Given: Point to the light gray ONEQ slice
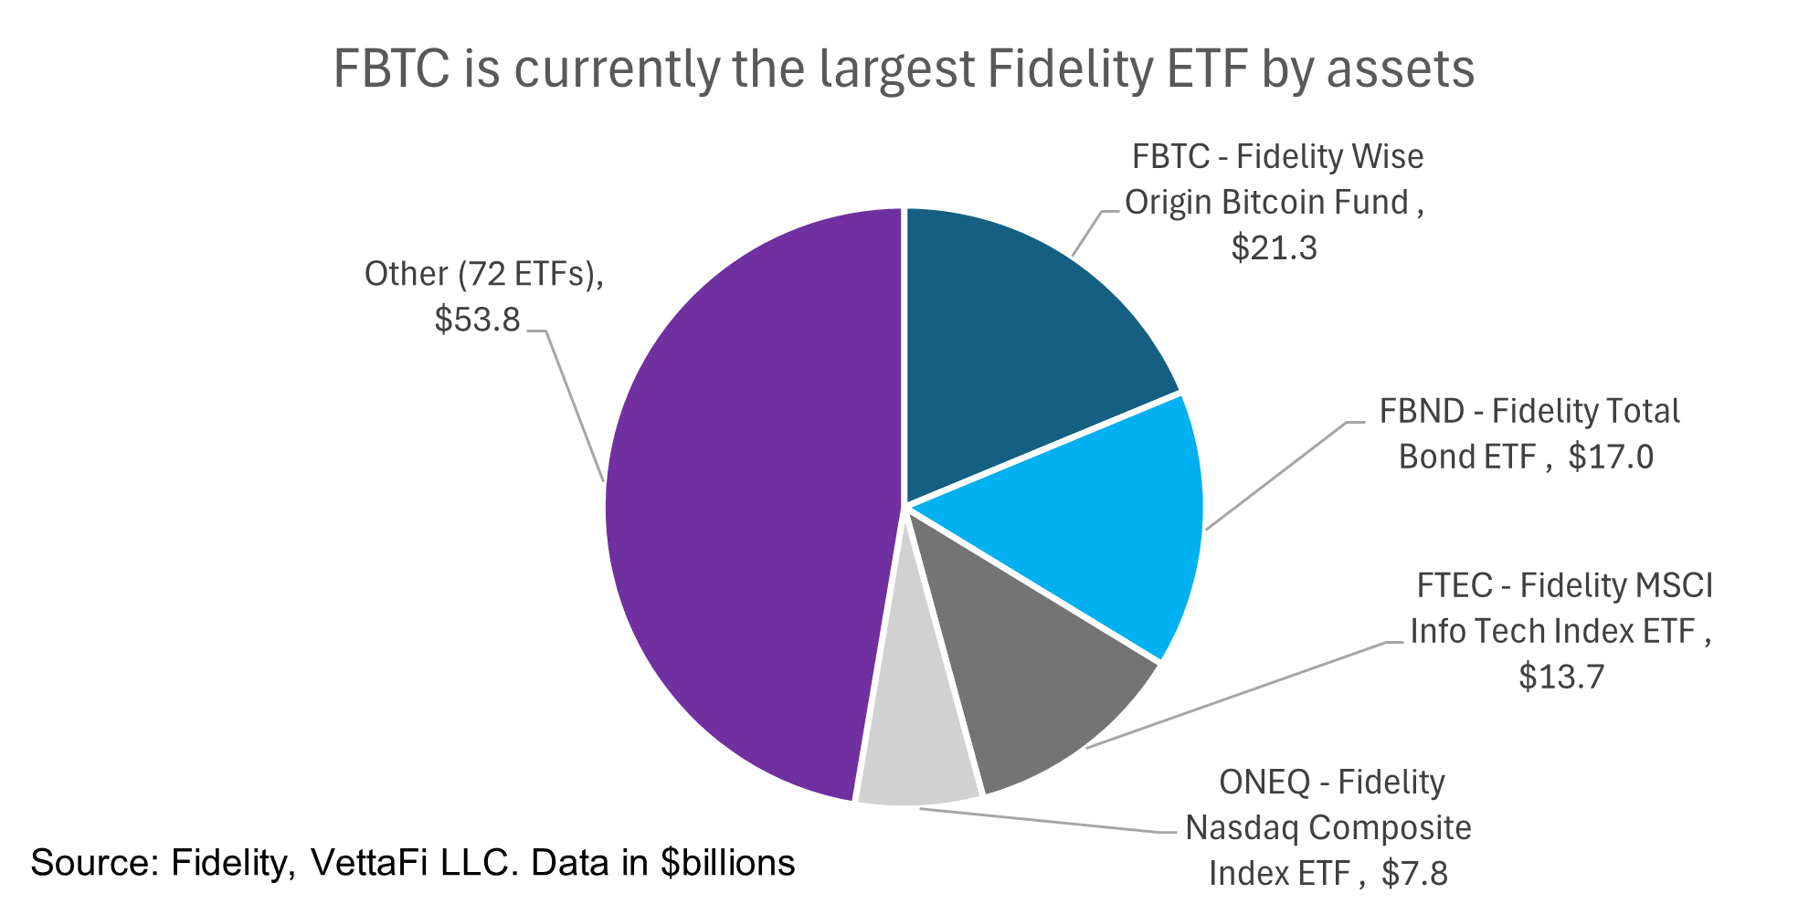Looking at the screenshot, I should coord(914,758).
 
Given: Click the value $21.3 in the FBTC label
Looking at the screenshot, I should coord(1274,248).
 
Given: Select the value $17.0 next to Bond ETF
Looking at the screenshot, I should coord(1610,457).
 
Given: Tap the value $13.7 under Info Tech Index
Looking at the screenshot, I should coord(1560,677).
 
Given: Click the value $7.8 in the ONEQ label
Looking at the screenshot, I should coord(1414,874).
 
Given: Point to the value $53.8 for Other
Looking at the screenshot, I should coord(477,320).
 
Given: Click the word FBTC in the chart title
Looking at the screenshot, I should coord(391,68).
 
